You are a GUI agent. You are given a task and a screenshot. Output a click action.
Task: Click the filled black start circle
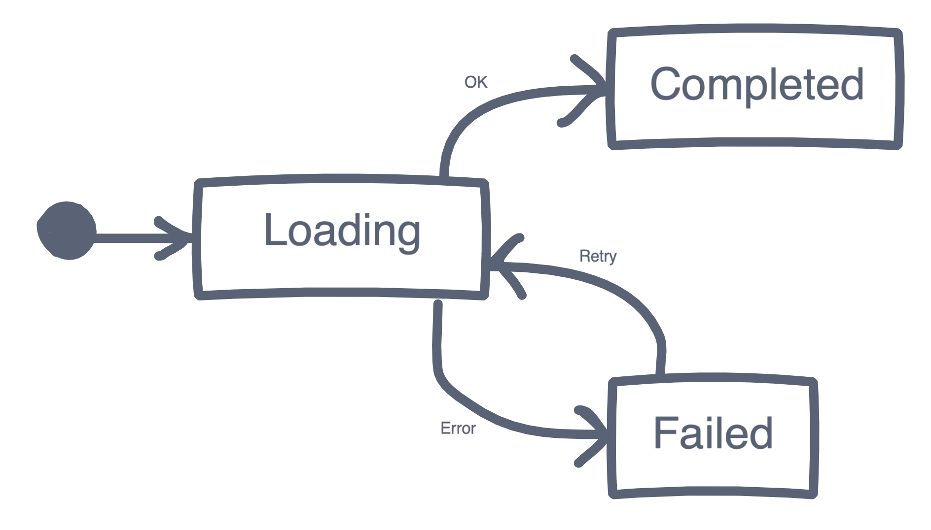(x=67, y=231)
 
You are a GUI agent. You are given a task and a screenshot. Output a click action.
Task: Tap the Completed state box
(x=754, y=86)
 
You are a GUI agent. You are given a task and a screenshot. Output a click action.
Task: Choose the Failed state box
(x=713, y=437)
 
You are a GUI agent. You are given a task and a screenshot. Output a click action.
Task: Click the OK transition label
(x=476, y=82)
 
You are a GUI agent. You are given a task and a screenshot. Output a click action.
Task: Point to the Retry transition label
(x=598, y=257)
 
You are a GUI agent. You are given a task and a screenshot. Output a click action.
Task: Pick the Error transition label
(x=458, y=429)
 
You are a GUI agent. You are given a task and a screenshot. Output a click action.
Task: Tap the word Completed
(x=757, y=85)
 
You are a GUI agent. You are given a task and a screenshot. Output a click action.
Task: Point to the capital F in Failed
(x=665, y=432)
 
